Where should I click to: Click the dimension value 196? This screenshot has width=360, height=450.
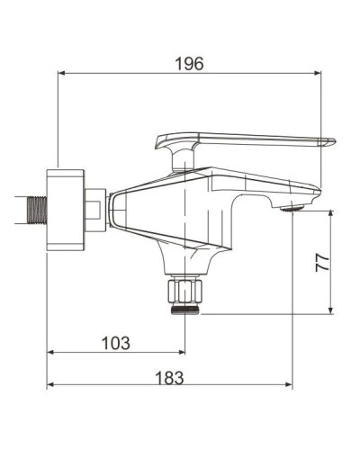click(x=189, y=63)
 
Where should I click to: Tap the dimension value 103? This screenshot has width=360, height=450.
click(x=115, y=343)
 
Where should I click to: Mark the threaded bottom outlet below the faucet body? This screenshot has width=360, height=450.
click(x=186, y=309)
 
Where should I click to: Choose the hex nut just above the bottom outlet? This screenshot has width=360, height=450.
click(x=186, y=291)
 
